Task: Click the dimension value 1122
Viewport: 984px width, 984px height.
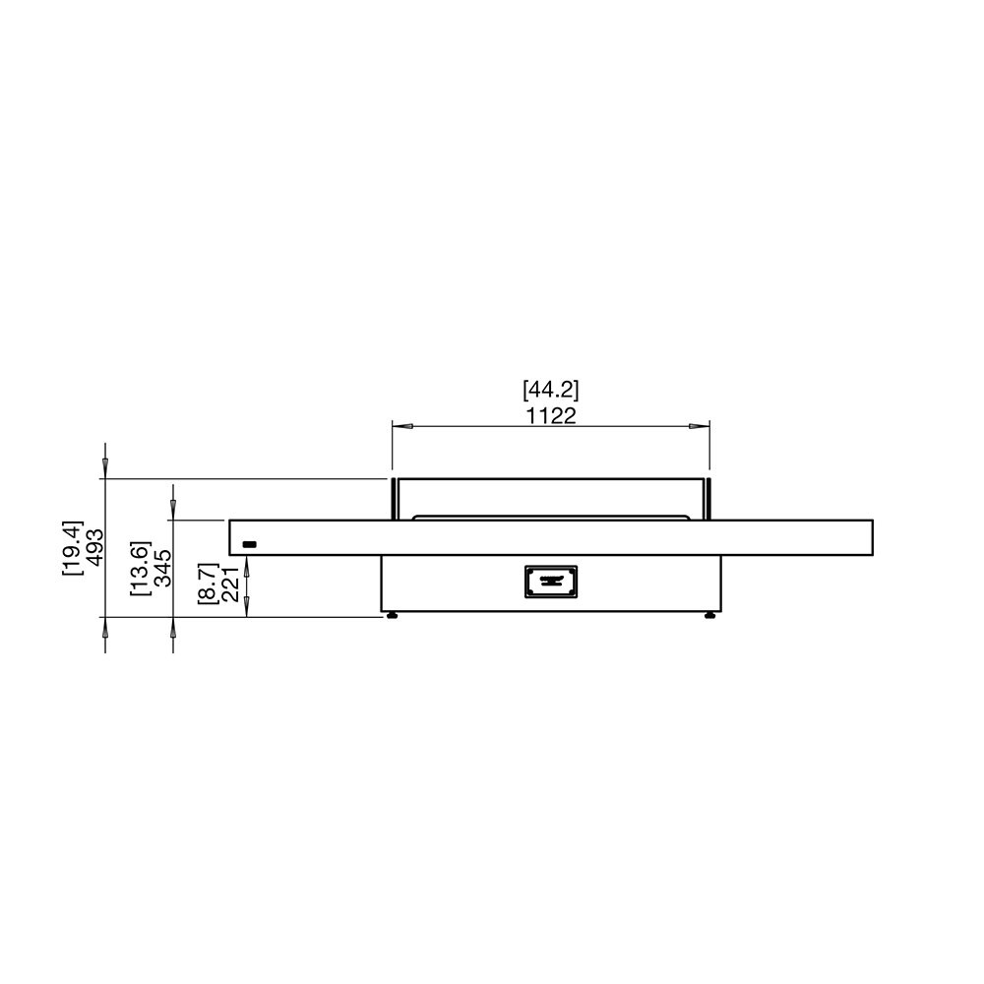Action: [550, 415]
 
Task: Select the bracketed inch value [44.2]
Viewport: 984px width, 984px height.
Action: [550, 390]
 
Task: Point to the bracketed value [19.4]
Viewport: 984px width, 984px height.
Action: [73, 547]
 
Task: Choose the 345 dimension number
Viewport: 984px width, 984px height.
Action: [162, 568]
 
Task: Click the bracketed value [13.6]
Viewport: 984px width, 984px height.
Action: [140, 568]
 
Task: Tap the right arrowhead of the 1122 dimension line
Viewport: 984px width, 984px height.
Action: [699, 427]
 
